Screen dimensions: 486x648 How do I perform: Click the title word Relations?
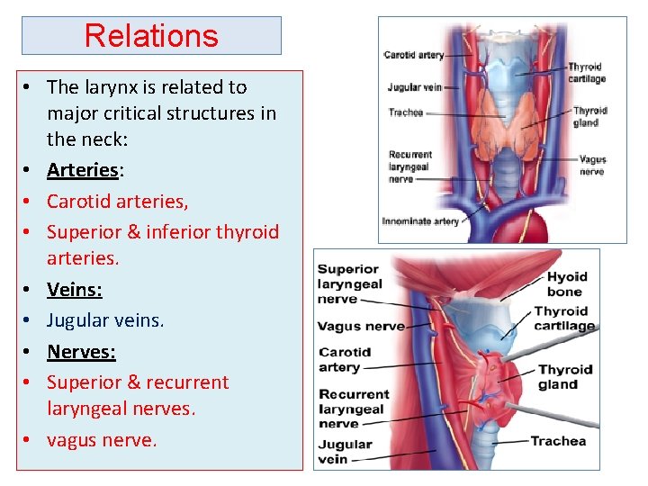pos(151,36)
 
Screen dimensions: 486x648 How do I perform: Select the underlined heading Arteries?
pos(82,170)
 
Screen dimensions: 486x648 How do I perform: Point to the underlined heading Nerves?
pos(80,351)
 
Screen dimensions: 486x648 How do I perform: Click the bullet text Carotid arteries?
pos(117,201)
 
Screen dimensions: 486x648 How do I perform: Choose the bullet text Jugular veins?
pos(105,319)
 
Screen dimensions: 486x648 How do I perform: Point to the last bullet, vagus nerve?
pos(102,440)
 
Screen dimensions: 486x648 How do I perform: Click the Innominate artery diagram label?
pos(419,220)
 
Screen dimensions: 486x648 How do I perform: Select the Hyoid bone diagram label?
pos(566,283)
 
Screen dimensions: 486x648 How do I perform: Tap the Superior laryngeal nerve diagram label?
pos(349,283)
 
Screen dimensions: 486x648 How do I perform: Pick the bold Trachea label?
pos(558,441)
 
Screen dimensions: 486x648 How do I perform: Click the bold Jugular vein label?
pos(345,451)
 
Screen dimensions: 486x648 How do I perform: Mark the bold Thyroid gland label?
pos(564,377)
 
